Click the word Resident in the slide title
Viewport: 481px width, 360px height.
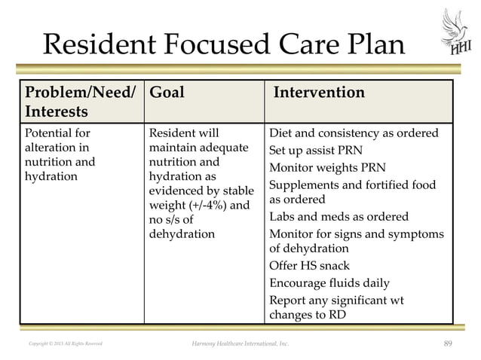pyautogui.click(x=99, y=47)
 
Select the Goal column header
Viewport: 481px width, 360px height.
pyautogui.click(x=167, y=93)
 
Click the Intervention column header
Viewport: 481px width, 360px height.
pyautogui.click(x=318, y=93)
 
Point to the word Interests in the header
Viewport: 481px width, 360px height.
pyautogui.click(x=57, y=111)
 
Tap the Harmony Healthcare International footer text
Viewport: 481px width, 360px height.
pyautogui.click(x=240, y=344)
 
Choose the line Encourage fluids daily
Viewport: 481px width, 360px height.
pyautogui.click(x=329, y=283)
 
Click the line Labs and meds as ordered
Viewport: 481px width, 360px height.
pyautogui.click(x=339, y=216)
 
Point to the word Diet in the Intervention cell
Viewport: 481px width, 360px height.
pyautogui.click(x=282, y=133)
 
